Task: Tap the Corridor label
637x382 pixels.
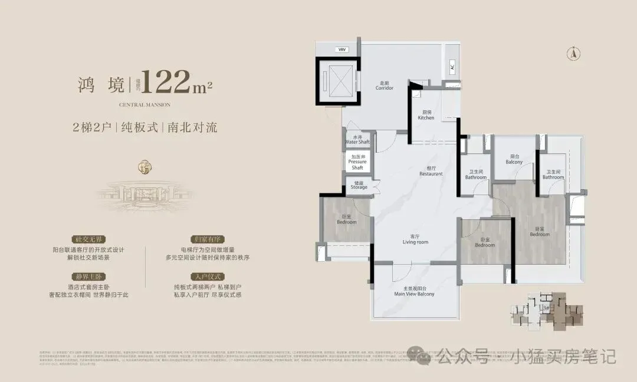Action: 384,85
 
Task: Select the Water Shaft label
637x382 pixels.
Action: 357,140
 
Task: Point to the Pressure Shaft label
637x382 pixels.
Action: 357,162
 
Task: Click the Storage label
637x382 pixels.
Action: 359,185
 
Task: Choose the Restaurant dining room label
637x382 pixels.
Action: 431,172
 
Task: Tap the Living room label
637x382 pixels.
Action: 415,239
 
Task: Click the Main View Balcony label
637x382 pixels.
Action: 414,291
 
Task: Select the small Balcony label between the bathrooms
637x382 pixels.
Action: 514,160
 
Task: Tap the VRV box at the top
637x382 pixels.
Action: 342,50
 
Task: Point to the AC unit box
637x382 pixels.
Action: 452,68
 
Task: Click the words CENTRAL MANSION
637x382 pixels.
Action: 145,104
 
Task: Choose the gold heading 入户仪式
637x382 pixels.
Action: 203,276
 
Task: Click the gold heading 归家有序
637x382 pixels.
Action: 203,240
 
